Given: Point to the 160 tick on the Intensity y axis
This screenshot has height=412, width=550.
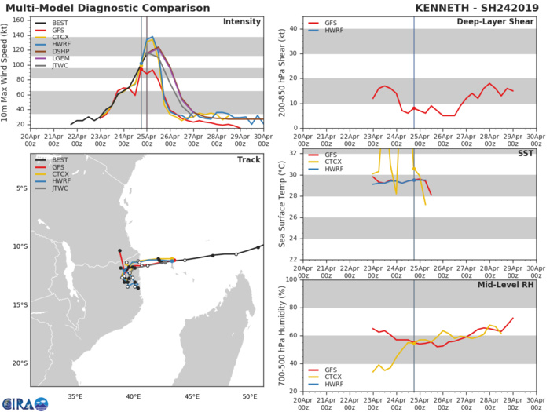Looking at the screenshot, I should coord(21,21).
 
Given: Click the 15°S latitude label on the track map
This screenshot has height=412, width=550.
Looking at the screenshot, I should coord(19,304).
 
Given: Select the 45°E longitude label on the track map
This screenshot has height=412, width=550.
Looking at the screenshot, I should coord(191,396).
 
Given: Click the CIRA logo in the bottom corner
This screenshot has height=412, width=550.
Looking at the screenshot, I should coord(24,403).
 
